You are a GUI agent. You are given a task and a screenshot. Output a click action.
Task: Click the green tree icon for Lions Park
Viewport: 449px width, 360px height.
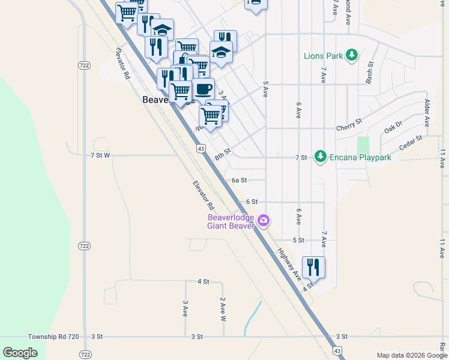[x=352, y=56]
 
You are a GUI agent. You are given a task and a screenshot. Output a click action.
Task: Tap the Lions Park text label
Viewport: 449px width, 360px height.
[x=323, y=56]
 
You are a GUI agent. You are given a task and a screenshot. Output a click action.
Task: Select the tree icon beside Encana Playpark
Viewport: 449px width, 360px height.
[x=321, y=157]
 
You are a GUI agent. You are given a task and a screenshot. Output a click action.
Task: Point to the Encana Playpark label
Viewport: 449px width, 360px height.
[x=360, y=157]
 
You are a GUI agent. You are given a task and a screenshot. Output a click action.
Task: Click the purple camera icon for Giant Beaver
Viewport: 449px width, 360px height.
[x=263, y=221]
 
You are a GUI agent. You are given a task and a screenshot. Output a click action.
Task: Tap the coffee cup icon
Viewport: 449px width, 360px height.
[x=203, y=89]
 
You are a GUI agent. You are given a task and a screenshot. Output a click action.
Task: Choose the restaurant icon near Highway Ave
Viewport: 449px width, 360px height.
[x=313, y=266]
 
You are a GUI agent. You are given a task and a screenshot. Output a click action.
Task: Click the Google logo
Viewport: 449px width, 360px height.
[x=20, y=352]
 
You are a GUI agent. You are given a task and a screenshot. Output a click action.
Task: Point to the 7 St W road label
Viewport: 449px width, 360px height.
[x=100, y=155]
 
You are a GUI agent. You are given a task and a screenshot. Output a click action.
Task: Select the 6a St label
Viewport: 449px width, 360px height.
[x=240, y=179]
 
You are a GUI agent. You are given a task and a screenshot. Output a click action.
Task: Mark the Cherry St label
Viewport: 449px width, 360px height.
[x=349, y=124]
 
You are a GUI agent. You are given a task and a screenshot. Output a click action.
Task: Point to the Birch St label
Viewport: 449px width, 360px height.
[x=370, y=72]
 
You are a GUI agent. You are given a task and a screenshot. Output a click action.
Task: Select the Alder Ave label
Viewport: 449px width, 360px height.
[x=427, y=113]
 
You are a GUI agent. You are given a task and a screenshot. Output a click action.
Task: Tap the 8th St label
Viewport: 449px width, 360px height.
[x=223, y=155]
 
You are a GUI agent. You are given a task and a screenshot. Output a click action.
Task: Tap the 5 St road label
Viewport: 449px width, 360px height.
[x=298, y=240]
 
